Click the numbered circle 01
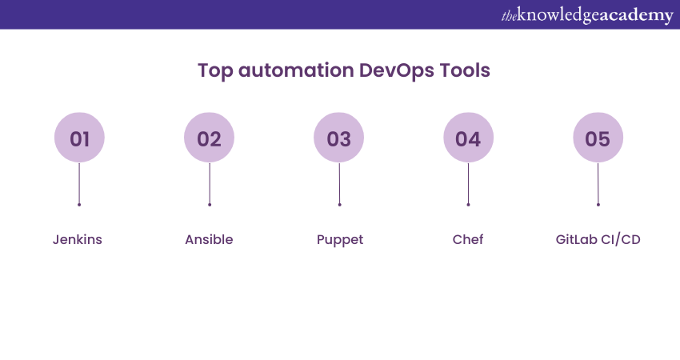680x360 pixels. click(x=79, y=138)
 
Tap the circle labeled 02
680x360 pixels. click(x=209, y=138)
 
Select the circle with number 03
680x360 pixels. click(x=338, y=138)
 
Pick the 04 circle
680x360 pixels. click(x=468, y=138)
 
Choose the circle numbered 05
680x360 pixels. click(x=598, y=138)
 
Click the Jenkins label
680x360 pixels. click(x=78, y=239)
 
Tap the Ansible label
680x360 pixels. click(x=209, y=239)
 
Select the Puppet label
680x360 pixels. click(x=340, y=239)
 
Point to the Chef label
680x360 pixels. click(x=468, y=239)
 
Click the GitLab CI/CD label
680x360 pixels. click(x=598, y=239)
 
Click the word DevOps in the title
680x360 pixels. click(x=395, y=70)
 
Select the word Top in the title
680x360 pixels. click(x=214, y=70)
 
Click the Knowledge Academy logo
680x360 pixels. click(x=587, y=15)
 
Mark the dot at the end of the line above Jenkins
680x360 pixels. click(x=79, y=205)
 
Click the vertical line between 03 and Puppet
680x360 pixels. click(x=339, y=183)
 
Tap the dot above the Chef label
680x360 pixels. click(x=468, y=205)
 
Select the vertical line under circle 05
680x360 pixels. click(x=598, y=183)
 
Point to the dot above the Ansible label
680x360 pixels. click(x=209, y=205)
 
